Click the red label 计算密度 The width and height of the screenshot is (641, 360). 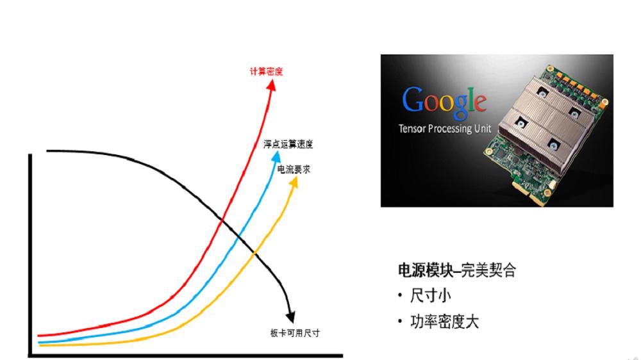coord(266,72)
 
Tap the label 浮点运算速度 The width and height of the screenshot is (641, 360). coord(288,144)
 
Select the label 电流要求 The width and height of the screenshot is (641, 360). coord(294,169)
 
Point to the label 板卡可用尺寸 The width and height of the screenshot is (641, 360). coord(295,333)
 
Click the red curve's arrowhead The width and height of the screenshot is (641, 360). coord(271,85)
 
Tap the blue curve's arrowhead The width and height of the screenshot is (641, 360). coord(276,157)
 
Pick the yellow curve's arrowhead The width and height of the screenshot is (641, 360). coord(294,183)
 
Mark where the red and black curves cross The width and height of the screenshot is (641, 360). coord(221,220)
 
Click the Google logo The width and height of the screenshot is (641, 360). coord(444,101)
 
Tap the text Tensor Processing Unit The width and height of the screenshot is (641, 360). coord(445,129)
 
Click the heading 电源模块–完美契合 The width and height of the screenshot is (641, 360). coord(457,270)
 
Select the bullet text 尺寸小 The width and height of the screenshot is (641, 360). coord(431,295)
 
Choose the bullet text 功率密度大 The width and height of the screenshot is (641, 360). coord(444,322)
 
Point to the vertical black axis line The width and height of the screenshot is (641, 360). coord(30,255)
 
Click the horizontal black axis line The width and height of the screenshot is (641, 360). coord(186,356)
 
